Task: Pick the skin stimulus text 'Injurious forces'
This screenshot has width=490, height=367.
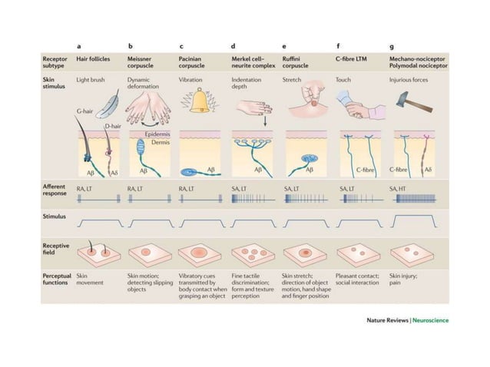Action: click(x=409, y=79)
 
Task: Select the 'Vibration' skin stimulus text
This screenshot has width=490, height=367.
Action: click(x=192, y=79)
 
